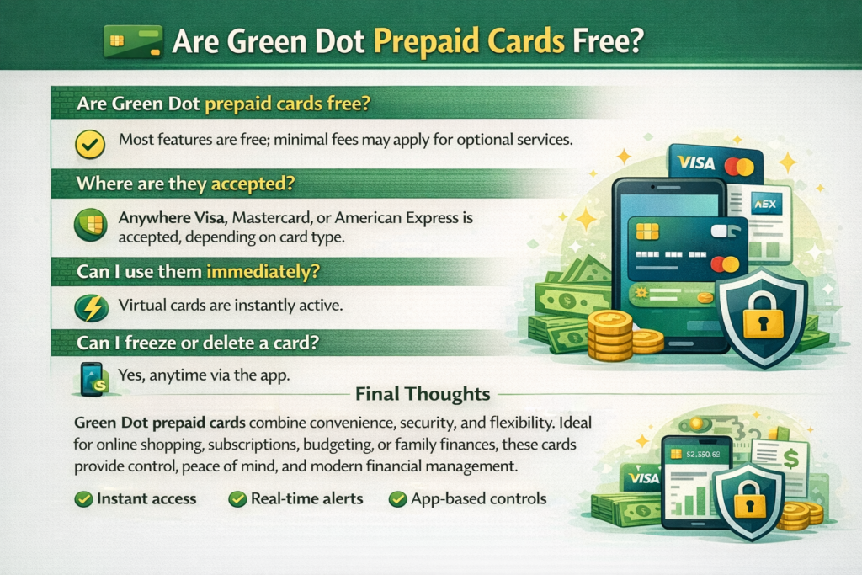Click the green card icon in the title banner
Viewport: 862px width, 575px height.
pos(133,41)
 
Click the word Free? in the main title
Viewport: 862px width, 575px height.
pos(608,41)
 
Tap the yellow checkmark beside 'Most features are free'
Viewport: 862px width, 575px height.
pos(90,144)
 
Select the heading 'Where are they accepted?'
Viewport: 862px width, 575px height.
pos(186,183)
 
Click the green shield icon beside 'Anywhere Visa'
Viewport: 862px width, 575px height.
pos(91,225)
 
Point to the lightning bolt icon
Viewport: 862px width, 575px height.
pos(91,307)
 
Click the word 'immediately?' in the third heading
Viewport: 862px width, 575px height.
pos(263,272)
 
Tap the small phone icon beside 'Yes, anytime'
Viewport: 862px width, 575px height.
pos(93,379)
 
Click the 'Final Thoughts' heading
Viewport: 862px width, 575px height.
pos(423,394)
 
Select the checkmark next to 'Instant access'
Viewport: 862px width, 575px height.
pos(83,499)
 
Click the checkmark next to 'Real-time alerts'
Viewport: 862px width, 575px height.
pos(237,499)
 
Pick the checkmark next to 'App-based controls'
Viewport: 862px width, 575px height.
pos(397,499)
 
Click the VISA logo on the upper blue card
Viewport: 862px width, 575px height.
pos(696,162)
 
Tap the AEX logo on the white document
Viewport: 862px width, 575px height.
pos(766,205)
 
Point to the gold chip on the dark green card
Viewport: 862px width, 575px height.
pos(647,232)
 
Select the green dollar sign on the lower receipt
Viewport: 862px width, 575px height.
pos(790,458)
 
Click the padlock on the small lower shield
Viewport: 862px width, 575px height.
pos(749,500)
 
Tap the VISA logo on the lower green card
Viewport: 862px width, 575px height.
pos(643,478)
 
